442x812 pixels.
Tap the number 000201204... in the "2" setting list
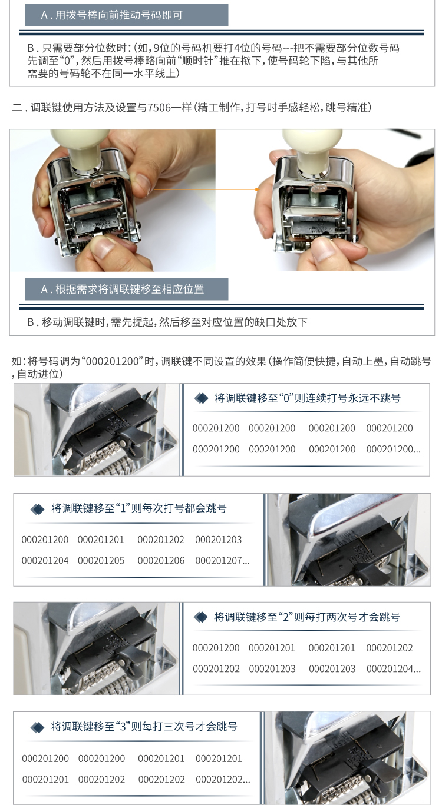pyautogui.click(x=394, y=669)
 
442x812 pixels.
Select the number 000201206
pyautogui.click(x=161, y=561)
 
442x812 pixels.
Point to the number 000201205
pyautogui.click(x=101, y=561)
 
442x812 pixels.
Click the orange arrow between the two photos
pyautogui.click(x=207, y=189)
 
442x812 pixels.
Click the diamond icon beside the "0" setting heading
pyautogui.click(x=201, y=398)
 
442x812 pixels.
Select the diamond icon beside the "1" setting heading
pyautogui.click(x=37, y=509)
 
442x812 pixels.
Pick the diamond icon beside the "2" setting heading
pyautogui.click(x=201, y=617)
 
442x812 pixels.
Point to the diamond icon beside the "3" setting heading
pyautogui.click(x=37, y=727)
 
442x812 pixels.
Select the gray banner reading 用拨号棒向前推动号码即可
pyautogui.click(x=126, y=15)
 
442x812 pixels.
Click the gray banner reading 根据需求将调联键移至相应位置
pyautogui.click(x=126, y=289)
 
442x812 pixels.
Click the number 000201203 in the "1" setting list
pyautogui.click(x=218, y=540)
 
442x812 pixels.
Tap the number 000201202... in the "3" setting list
pyautogui.click(x=223, y=780)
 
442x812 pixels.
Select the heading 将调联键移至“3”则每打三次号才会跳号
pyautogui.click(x=144, y=727)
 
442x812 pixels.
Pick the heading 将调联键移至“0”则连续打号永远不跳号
pyautogui.click(x=307, y=398)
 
